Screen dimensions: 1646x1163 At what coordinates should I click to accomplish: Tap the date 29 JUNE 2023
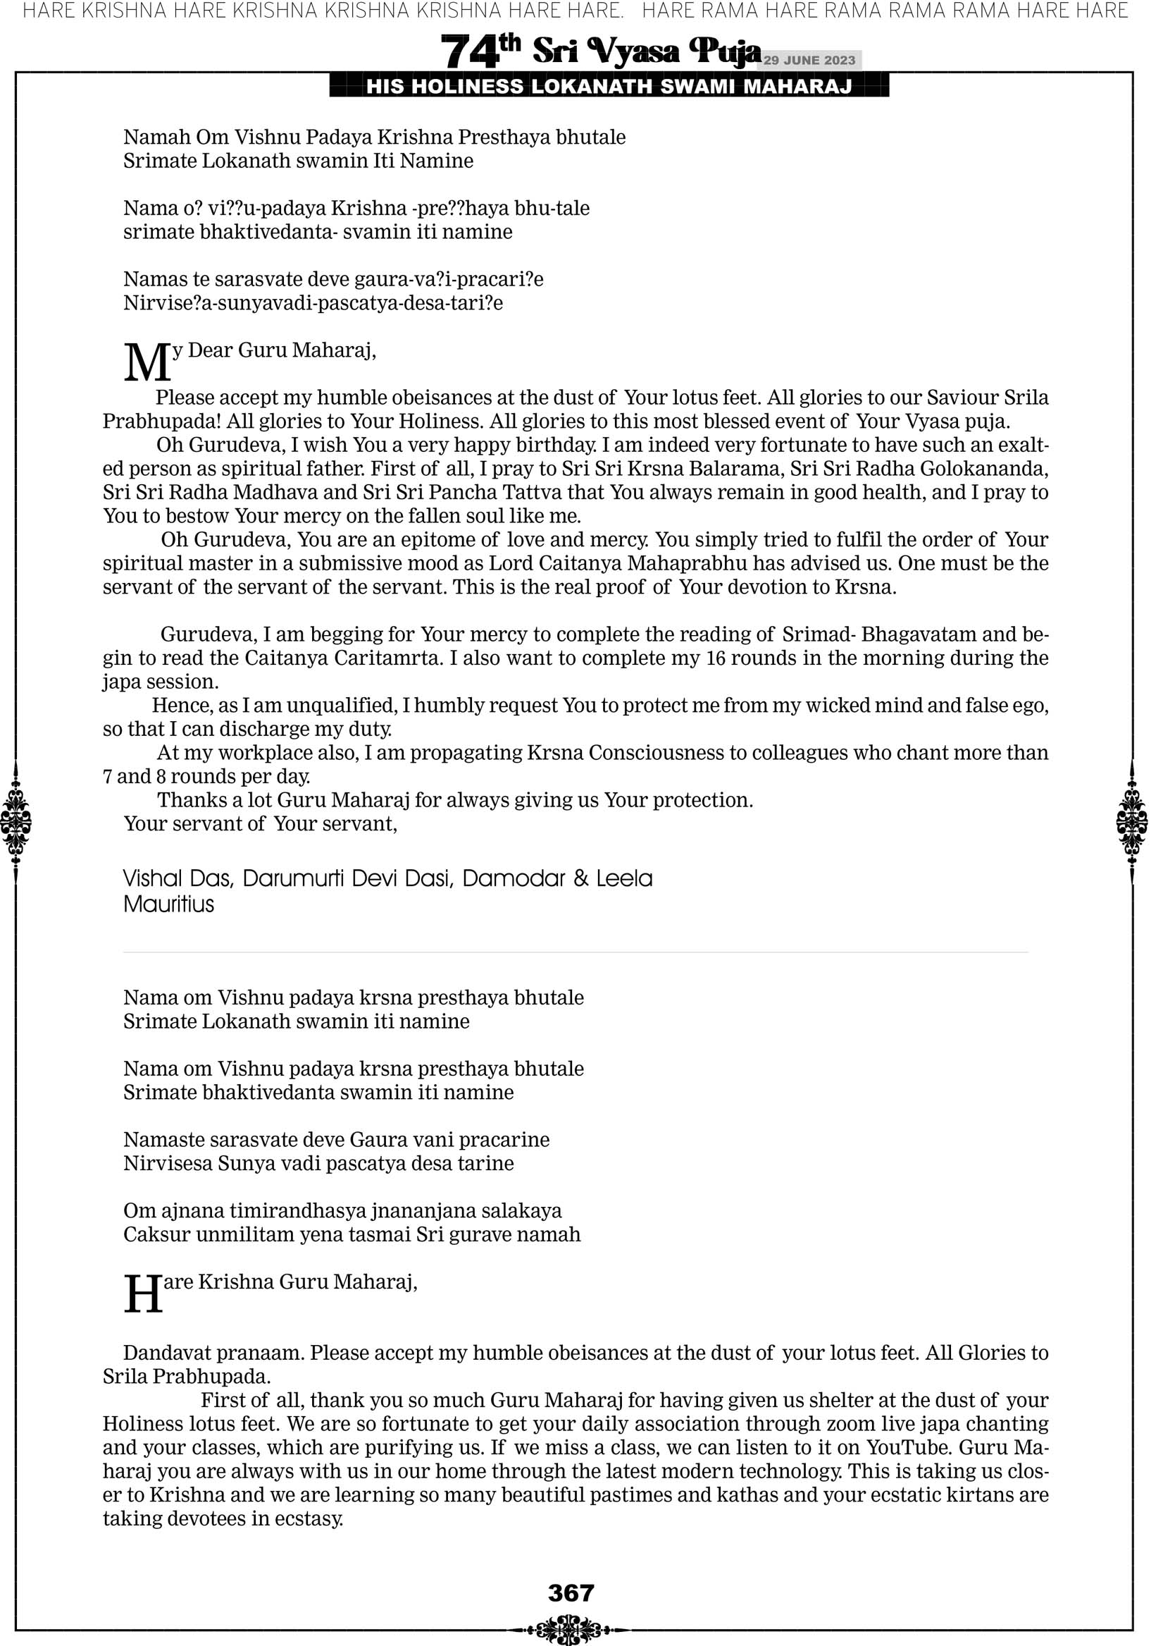(809, 60)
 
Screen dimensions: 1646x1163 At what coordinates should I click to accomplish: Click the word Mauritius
(168, 904)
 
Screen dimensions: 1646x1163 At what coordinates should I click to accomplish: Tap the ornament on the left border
(15, 821)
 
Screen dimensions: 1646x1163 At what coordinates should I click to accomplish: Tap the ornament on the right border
(1132, 821)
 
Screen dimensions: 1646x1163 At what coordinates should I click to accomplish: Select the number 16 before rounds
(716, 658)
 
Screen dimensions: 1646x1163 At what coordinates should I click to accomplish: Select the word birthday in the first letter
(548, 446)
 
